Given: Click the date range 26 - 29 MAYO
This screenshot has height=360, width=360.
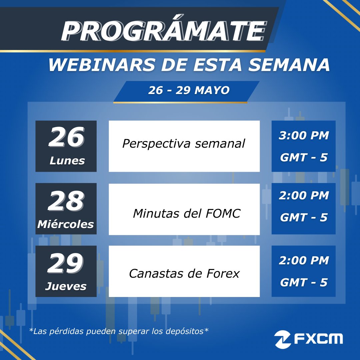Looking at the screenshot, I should [x=189, y=90].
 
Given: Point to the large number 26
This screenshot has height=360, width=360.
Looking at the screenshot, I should [x=66, y=138].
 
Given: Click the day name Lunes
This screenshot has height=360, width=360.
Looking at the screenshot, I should [x=67, y=161].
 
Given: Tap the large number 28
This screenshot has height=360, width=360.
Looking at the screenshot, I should [x=66, y=201].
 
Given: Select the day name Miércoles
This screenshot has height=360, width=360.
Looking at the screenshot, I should [x=66, y=224].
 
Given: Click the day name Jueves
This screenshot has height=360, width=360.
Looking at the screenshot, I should [x=66, y=286].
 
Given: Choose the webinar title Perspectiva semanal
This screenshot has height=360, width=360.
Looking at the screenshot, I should [x=184, y=144].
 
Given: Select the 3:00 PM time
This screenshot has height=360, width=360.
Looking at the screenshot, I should [x=304, y=136].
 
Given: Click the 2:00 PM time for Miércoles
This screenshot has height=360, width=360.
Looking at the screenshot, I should [x=304, y=196].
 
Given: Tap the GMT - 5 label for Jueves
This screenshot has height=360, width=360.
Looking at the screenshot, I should [x=304, y=283].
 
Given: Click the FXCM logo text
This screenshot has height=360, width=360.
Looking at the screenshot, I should [x=318, y=339].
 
